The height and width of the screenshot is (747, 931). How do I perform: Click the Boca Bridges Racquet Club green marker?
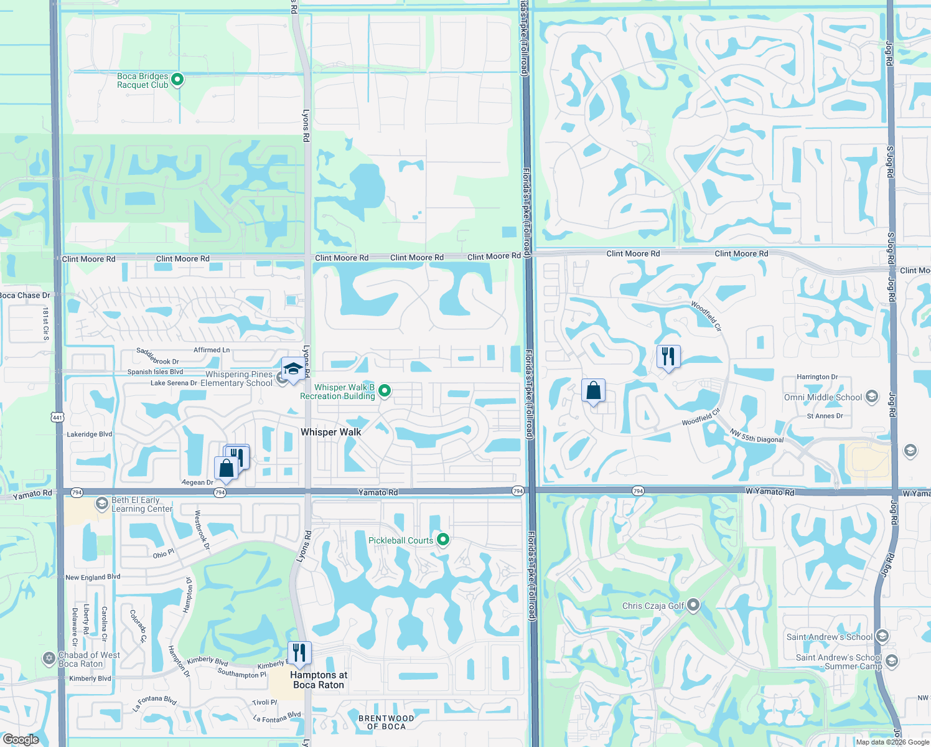[x=177, y=80]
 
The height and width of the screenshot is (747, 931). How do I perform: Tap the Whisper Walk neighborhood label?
[x=330, y=432]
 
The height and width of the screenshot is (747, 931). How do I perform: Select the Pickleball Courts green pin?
[x=443, y=539]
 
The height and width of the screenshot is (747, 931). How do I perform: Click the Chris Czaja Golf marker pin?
[x=693, y=605]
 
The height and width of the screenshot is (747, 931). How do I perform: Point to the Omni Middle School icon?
[x=872, y=397]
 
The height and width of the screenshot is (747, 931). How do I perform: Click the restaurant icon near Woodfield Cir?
[x=668, y=357]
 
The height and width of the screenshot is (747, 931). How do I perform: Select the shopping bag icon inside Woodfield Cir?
[x=594, y=391]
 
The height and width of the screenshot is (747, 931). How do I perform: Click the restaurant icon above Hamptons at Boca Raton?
[x=299, y=653]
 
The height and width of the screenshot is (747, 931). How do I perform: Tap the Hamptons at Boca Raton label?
[x=319, y=680]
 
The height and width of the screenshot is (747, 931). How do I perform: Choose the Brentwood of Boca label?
[x=386, y=722]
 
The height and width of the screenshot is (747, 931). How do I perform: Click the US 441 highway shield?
[x=57, y=417]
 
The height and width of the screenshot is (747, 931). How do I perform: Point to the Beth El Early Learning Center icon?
[x=102, y=504]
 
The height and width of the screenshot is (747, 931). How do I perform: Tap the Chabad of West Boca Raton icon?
[x=49, y=658]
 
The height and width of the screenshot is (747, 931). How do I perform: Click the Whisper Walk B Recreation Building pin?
[x=385, y=391]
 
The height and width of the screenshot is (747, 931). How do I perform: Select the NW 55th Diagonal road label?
[x=756, y=436]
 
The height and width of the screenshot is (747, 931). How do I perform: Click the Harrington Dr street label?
[x=817, y=377]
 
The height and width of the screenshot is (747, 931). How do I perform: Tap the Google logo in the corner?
[x=21, y=739]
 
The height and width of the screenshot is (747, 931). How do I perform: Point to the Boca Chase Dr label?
[x=25, y=295]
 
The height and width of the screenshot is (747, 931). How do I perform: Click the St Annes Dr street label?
[x=825, y=416]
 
